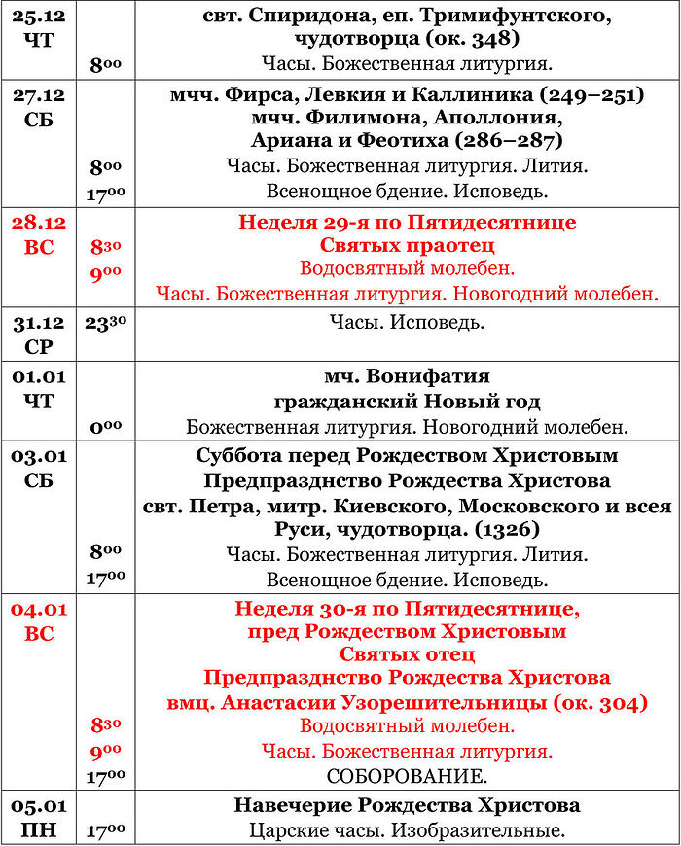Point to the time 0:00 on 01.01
pos(105,426)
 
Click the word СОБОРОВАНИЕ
pos(407,777)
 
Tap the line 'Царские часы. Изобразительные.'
pos(407,830)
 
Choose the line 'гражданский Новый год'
pos(407,402)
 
